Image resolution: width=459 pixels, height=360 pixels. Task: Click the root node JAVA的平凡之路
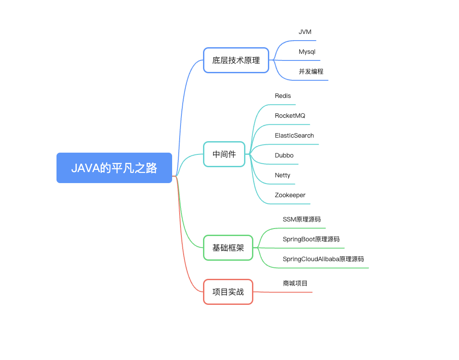coord(114,168)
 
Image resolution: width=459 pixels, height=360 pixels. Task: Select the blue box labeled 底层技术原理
coord(236,60)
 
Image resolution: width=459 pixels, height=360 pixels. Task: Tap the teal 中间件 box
coord(224,154)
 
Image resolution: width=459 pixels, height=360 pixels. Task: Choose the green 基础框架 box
coord(228,247)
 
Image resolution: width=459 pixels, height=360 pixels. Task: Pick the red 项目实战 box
coord(228,292)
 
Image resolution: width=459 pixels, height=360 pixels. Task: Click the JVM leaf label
coord(305,32)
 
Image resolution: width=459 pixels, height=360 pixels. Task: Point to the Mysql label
coord(307,52)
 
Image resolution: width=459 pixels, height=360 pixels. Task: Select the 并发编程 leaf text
coord(311,71)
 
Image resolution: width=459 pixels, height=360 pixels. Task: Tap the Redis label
coord(283,96)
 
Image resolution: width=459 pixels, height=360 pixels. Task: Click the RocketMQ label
coord(290,116)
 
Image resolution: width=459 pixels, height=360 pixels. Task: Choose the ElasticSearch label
coord(294,135)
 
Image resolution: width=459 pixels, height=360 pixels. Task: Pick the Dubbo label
coord(284,155)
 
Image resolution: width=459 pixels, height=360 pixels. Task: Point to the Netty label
coord(282,175)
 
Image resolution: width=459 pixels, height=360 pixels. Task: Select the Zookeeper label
coord(290,195)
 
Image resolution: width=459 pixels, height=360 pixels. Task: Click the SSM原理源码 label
coord(302,219)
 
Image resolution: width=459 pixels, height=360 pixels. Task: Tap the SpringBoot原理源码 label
coord(311,239)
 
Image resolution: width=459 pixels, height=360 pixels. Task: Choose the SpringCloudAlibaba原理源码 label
coord(323,259)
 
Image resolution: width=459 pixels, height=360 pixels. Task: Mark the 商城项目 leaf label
coord(295,283)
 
